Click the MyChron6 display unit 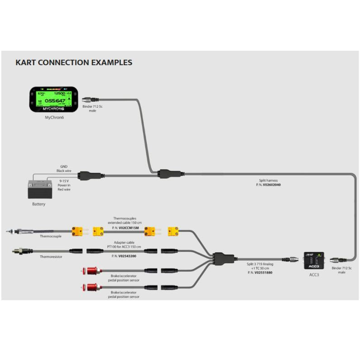tap(53, 100)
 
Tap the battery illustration tap(39, 188)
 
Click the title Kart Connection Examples tap(74, 62)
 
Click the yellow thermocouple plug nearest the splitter tap(173, 231)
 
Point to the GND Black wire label tap(63, 168)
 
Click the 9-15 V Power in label tap(64, 184)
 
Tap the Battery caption tap(38, 204)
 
